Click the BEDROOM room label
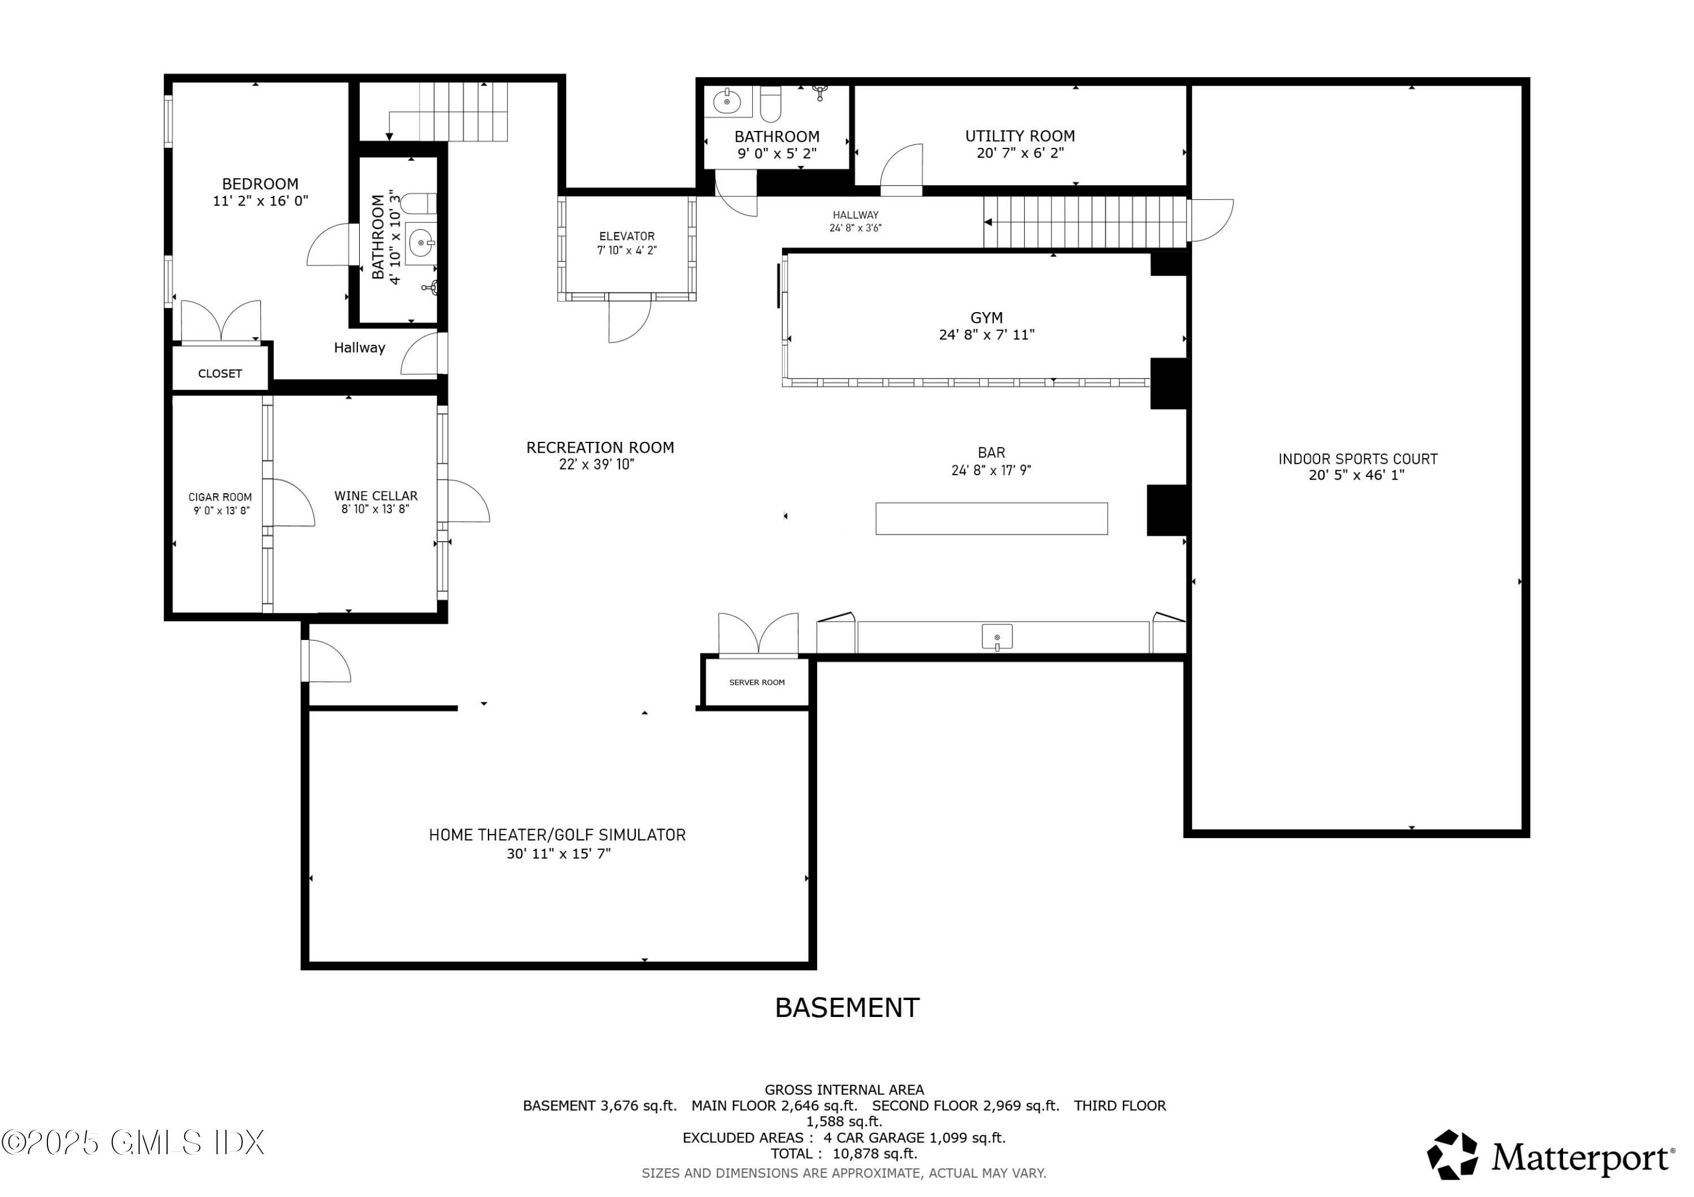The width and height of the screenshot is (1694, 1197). point(260,183)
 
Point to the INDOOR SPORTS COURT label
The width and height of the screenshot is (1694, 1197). point(1357,459)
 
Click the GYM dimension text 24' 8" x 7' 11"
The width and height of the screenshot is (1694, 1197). point(986,335)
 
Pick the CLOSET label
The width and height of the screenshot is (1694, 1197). point(220,373)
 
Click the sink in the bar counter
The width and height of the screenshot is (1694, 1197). point(996,637)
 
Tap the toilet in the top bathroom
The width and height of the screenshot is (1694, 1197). point(770,103)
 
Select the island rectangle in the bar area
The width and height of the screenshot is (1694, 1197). point(991,519)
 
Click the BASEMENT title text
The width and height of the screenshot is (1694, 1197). point(846,1007)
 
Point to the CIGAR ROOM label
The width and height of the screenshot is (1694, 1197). point(220,497)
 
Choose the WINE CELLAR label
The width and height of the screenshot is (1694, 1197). point(376,496)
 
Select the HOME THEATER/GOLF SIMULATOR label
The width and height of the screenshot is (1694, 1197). point(557,835)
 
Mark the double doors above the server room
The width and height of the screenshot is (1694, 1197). point(758,634)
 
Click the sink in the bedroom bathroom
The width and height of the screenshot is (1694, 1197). point(421,242)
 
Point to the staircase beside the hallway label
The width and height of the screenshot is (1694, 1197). point(1085,222)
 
